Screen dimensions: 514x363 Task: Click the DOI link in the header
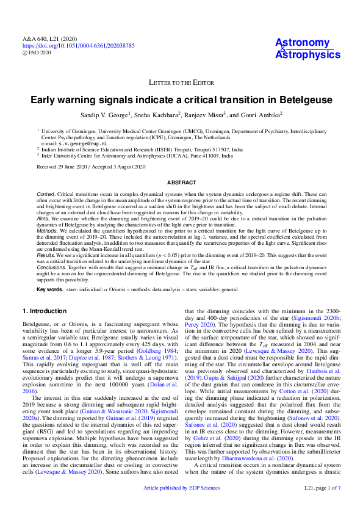coord(79,46)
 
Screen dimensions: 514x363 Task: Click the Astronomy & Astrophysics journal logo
coord(307,49)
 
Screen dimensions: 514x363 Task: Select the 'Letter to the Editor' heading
coord(182,82)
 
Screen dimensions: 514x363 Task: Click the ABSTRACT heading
coord(182,183)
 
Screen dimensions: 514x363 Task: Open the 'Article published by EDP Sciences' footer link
coord(181,506)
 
